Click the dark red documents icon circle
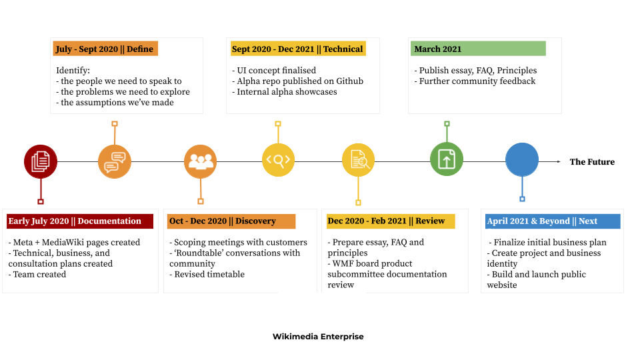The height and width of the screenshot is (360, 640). (x=41, y=161)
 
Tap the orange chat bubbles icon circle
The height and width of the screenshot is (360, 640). (x=115, y=161)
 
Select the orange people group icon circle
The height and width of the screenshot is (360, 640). (x=201, y=161)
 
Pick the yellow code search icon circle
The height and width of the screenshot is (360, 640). (x=278, y=160)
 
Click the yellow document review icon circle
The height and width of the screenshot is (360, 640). (x=359, y=160)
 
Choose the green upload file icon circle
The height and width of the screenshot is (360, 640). (x=447, y=159)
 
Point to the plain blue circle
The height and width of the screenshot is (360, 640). (x=522, y=160)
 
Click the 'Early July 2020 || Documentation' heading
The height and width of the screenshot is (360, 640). (x=79, y=221)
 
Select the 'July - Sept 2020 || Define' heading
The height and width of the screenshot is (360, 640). (x=105, y=49)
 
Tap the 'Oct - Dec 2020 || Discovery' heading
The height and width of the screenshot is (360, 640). (x=231, y=221)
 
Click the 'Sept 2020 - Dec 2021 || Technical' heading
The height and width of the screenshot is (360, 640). (x=297, y=49)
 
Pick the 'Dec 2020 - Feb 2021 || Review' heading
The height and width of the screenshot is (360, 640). (x=390, y=221)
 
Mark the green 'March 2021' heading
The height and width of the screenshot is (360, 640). (x=477, y=49)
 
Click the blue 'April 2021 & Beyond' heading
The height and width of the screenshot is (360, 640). (x=552, y=221)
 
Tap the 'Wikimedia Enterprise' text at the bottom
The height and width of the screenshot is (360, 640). (x=321, y=337)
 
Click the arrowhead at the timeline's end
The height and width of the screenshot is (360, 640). (x=559, y=161)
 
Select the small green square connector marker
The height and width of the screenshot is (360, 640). (x=447, y=123)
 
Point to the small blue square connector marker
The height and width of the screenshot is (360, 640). (x=522, y=199)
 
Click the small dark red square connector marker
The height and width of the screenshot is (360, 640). (x=41, y=201)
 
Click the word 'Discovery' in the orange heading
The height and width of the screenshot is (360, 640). (x=255, y=221)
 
